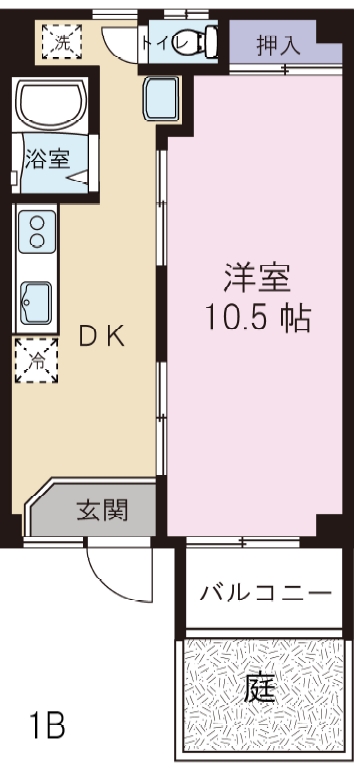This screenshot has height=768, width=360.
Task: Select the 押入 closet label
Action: coord(278,45)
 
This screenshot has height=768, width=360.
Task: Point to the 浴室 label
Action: coord(47,159)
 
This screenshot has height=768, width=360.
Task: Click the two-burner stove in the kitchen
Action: coord(37,232)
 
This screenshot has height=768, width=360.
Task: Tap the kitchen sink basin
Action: coord(36,302)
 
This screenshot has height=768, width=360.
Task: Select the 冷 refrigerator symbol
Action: coord(36,360)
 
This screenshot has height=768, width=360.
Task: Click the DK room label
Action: coord(102,336)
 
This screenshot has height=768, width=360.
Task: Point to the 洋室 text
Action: coord(257,278)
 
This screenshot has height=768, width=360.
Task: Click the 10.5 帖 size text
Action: coord(258,317)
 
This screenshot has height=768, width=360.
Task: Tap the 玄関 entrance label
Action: coord(102,510)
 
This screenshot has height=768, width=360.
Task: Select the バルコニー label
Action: coord(265,594)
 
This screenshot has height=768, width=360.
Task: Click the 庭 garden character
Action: coord(261,689)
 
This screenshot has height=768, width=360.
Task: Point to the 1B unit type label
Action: coord(47,725)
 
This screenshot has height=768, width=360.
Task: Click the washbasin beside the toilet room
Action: coord(161,98)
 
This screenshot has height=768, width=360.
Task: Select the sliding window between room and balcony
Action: coord(243,541)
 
